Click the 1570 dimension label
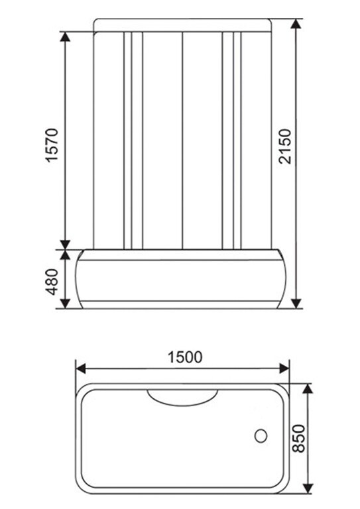54,146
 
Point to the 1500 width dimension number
184,357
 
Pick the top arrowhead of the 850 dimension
308,388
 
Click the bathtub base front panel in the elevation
182,282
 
